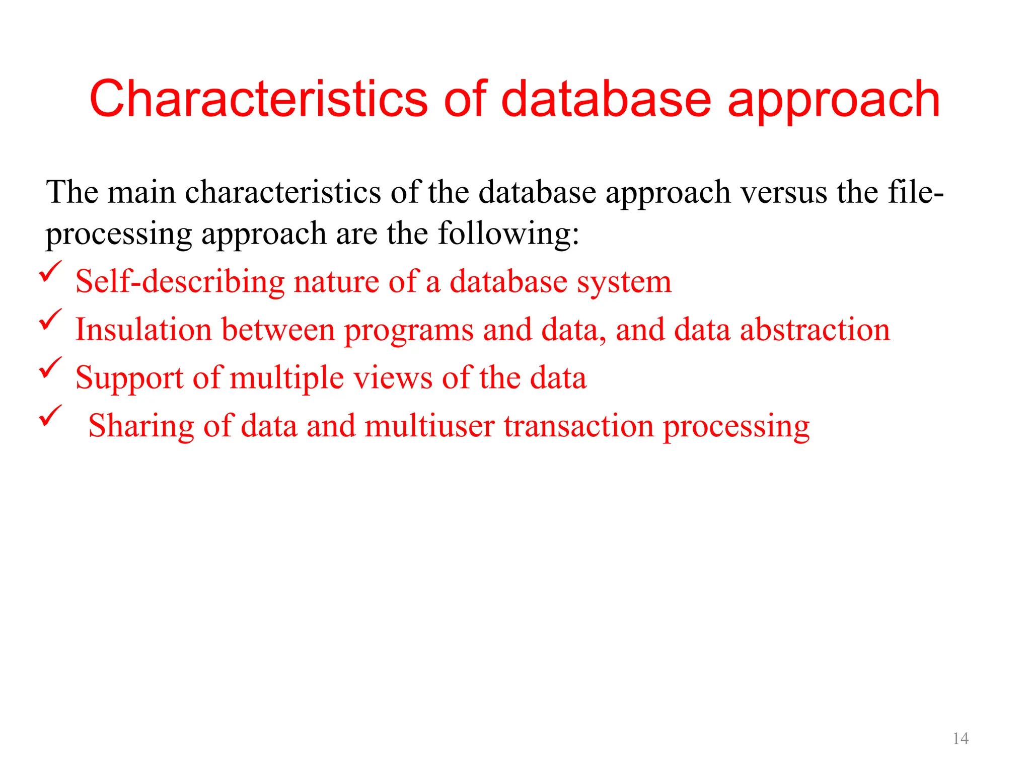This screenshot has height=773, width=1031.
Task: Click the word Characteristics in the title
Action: (258, 99)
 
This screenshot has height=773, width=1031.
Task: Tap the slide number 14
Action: (961, 738)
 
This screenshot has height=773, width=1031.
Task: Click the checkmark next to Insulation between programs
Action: (50, 320)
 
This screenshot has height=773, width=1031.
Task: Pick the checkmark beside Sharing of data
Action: (50, 416)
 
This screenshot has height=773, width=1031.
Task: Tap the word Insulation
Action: (143, 330)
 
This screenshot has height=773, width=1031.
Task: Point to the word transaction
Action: (578, 426)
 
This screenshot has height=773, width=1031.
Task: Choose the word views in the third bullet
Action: (393, 378)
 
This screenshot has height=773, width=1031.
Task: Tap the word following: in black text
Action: (508, 234)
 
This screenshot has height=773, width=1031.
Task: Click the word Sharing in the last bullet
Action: (141, 427)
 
